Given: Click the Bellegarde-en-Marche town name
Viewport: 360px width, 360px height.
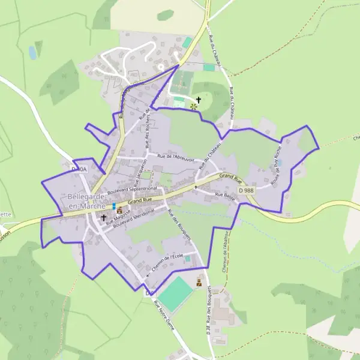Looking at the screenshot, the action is [x=88, y=201].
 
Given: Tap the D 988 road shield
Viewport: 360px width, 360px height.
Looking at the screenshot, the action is [x=246, y=190].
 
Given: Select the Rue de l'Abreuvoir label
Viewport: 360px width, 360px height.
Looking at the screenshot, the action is [x=176, y=158].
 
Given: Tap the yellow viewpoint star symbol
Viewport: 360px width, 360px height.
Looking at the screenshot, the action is [x=194, y=107].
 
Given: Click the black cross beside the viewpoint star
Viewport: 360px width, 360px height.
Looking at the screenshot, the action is [x=199, y=100].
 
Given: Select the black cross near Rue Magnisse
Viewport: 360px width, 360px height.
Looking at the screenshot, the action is [x=104, y=218].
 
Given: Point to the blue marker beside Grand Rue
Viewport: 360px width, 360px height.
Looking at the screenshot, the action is [x=113, y=206].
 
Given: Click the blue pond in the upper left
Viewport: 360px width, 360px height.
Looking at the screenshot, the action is [x=32, y=53].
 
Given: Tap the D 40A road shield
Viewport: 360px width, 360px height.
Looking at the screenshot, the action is [x=79, y=169].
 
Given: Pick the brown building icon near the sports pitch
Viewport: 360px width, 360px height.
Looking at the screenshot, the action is [x=199, y=281].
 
